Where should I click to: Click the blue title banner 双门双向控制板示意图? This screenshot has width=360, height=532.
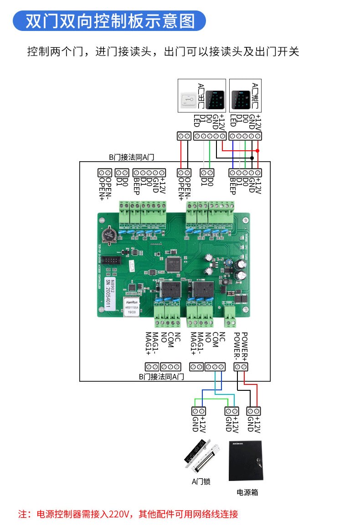coord(109,21)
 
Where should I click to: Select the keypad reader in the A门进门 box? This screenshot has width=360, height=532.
coord(240,97)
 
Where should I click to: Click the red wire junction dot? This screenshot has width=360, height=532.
coord(257,150)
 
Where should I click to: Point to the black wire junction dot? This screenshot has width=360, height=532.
coord(252,158)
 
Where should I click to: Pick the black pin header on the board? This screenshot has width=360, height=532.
coord(110,261)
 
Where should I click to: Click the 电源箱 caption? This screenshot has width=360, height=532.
coord(247,492)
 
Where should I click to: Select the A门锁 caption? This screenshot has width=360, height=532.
coord(201,481)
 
